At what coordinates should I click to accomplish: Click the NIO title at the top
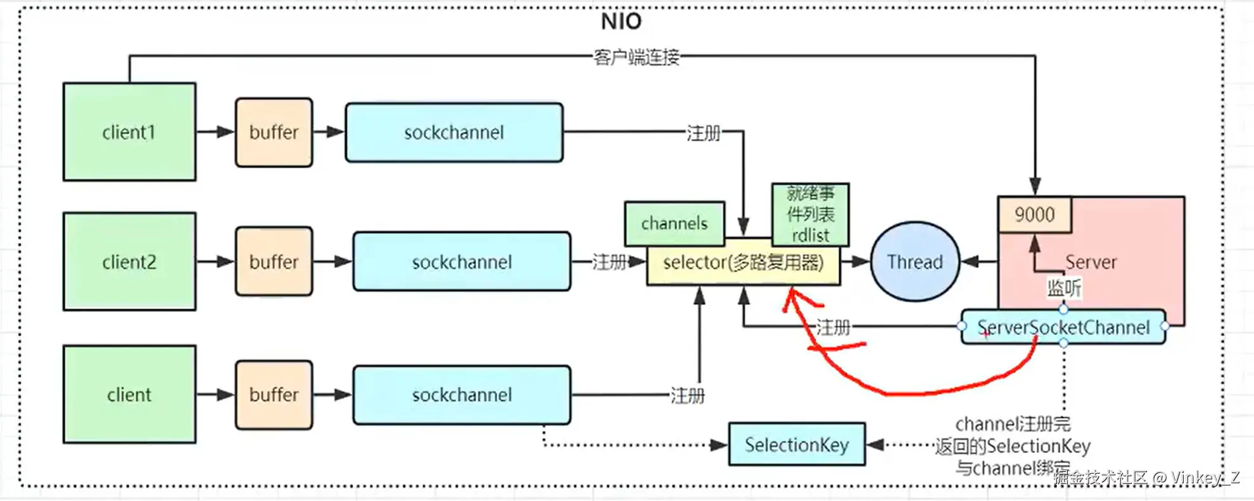click(621, 22)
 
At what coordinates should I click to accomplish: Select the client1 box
click(129, 132)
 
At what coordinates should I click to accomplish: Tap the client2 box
click(129, 261)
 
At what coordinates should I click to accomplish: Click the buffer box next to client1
click(274, 132)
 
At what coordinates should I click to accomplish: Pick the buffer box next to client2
click(274, 261)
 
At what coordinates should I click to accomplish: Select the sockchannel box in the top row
click(454, 132)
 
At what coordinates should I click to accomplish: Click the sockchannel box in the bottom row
click(462, 395)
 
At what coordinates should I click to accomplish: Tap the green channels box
click(674, 223)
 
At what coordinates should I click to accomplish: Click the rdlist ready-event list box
click(810, 214)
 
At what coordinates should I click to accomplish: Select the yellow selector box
click(743, 263)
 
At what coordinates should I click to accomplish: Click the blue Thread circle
click(915, 261)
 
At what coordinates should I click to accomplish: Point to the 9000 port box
click(1034, 214)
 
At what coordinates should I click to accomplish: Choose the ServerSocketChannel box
click(1063, 327)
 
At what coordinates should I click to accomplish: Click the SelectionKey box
click(796, 445)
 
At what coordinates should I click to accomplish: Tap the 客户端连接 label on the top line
click(636, 57)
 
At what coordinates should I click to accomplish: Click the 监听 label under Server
click(1063, 288)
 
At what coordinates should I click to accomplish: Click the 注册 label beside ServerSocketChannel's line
click(832, 327)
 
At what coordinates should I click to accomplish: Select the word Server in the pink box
click(1091, 261)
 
